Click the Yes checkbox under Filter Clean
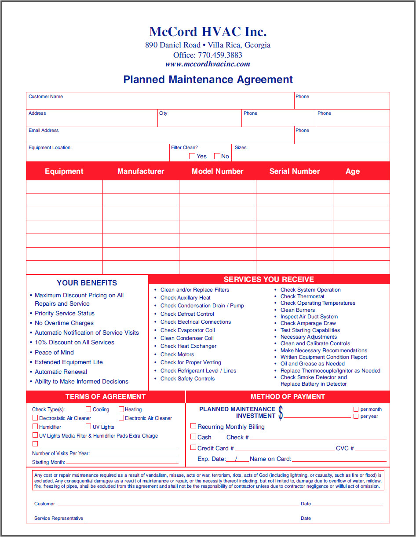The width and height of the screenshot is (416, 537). [192, 156]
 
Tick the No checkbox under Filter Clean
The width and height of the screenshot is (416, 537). [217, 156]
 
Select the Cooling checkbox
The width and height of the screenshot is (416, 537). [88, 409]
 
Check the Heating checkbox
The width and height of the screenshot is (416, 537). [121, 409]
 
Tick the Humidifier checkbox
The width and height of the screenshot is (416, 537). [35, 427]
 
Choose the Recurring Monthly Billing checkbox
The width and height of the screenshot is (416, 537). [193, 426]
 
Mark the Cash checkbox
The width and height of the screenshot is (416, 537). [193, 437]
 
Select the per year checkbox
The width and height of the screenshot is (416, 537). [356, 416]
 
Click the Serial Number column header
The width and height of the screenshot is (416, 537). [295, 171]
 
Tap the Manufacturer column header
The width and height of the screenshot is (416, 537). [141, 171]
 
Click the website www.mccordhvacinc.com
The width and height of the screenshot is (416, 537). [208, 64]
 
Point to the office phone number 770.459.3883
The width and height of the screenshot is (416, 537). [220, 55]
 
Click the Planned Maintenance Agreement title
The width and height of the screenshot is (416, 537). [208, 80]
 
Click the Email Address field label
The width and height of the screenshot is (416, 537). [44, 131]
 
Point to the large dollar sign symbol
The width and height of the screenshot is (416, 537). [281, 413]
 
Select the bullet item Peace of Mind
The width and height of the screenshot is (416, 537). [54, 352]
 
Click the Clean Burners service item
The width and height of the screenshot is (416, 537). [298, 310]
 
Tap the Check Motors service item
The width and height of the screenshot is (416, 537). [177, 354]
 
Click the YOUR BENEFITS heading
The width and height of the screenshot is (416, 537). [87, 283]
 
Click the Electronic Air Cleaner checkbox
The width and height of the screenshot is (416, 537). [121, 418]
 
